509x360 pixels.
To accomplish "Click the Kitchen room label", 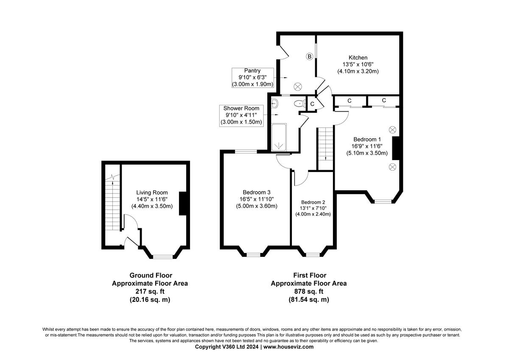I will [x=358, y=58].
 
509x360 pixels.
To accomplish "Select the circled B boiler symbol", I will [x=309, y=56].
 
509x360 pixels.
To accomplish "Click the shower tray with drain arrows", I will [x=279, y=138].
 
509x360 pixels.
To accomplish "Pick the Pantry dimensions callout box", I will [x=252, y=78].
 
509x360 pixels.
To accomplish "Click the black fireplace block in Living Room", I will [x=183, y=204].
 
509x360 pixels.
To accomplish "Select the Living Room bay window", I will [x=163, y=256].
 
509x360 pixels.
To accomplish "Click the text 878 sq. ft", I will [x=308, y=291].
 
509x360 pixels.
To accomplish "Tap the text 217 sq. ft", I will [x=150, y=291].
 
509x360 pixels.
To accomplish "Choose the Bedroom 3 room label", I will [x=257, y=191].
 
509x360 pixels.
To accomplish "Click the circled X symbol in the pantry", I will [x=298, y=86].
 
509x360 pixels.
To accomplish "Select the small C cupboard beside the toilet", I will [x=312, y=104].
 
